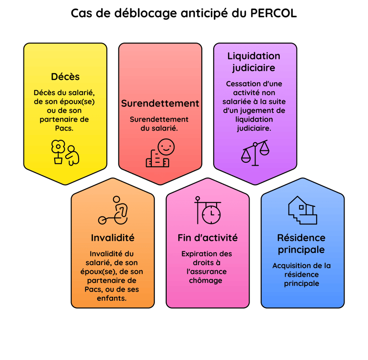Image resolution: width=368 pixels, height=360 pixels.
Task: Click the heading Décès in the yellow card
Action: (65, 77)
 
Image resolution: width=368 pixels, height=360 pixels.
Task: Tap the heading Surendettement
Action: (160, 103)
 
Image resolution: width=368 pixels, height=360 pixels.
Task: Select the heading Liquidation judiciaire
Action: (254, 62)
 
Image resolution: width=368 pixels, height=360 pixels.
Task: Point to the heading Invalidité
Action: (113, 237)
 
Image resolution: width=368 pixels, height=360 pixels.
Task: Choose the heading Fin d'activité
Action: (207, 237)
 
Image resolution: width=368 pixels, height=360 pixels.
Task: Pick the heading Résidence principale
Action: (301, 244)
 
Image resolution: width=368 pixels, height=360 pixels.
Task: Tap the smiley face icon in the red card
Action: (166, 147)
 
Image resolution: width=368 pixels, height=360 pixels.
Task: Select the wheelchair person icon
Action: (114, 211)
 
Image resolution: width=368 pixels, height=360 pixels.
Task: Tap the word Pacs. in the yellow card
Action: (65, 128)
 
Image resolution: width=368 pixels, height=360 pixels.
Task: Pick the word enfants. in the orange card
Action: (113, 298)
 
